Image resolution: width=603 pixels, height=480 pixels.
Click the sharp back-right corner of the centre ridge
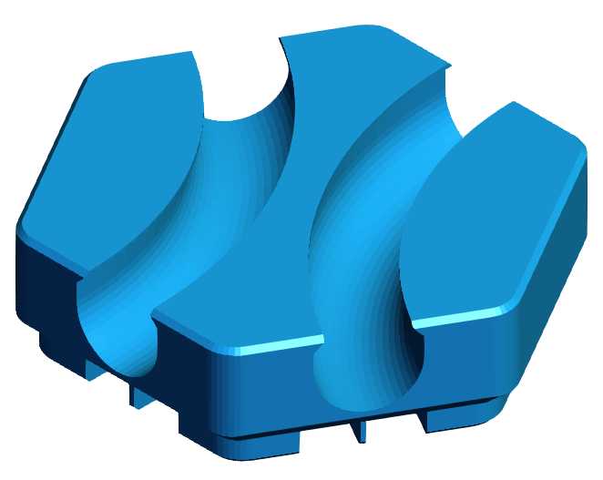449,66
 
